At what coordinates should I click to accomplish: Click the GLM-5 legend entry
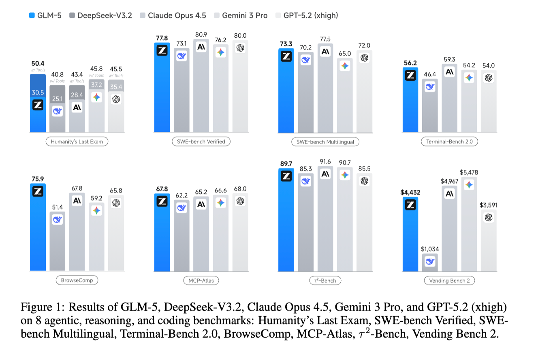[45, 16]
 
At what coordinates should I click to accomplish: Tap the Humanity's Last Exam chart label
[77, 141]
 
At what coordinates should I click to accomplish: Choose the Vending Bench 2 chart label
[449, 281]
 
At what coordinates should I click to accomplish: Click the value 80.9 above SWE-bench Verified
[201, 35]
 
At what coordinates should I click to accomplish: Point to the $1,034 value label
[430, 249]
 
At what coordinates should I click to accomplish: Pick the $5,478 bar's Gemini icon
[469, 185]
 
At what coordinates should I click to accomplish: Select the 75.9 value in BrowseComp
[38, 178]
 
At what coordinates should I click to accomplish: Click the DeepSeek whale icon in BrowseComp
[58, 219]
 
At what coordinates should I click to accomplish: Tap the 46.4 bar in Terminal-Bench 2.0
[430, 105]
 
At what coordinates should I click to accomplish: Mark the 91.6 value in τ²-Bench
[325, 161]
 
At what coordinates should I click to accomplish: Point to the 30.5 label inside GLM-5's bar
[38, 92]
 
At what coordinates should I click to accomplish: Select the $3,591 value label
[489, 205]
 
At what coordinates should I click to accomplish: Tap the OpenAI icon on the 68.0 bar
[240, 201]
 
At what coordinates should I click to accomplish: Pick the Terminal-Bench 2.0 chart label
[449, 141]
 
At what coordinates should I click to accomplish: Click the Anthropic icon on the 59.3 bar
[449, 72]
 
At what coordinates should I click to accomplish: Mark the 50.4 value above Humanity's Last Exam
[38, 64]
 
